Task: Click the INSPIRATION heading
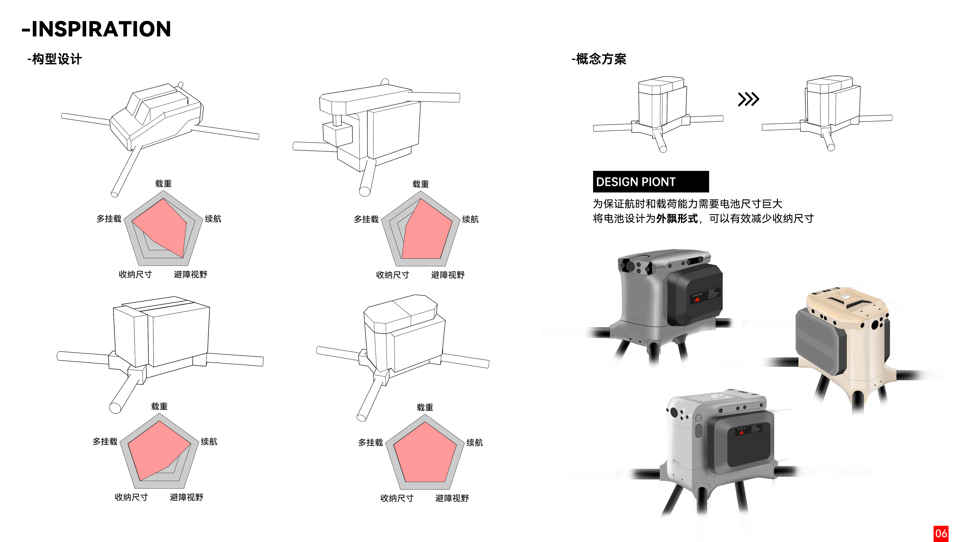[97, 29]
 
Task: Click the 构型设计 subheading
[55, 59]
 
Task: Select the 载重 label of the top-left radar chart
[163, 184]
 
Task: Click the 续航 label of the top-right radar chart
[470, 219]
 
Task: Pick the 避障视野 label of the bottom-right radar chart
[452, 498]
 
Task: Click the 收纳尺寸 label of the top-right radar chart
[392, 275]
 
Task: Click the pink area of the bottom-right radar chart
[425, 454]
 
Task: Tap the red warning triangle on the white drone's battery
[742, 432]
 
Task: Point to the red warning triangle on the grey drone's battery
[697, 299]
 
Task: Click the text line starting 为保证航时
[687, 204]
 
